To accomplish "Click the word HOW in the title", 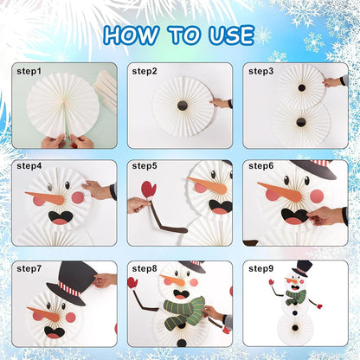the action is (x=132, y=35).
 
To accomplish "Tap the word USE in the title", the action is (x=231, y=35).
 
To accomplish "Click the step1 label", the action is (x=29, y=71).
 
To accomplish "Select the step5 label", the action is (x=145, y=166).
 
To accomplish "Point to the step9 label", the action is (x=260, y=268).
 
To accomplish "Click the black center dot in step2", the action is (x=182, y=106).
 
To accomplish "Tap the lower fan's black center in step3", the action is (x=300, y=122).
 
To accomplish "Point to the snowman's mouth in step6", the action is (x=294, y=216).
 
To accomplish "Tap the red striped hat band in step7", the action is (x=69, y=289).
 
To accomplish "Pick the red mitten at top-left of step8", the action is (x=132, y=282).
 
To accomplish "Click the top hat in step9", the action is (x=303, y=268).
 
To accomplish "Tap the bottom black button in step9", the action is (x=295, y=328).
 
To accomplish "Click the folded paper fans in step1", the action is (x=105, y=87).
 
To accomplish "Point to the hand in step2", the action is (x=221, y=102).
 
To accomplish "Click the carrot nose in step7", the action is (x=43, y=314).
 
